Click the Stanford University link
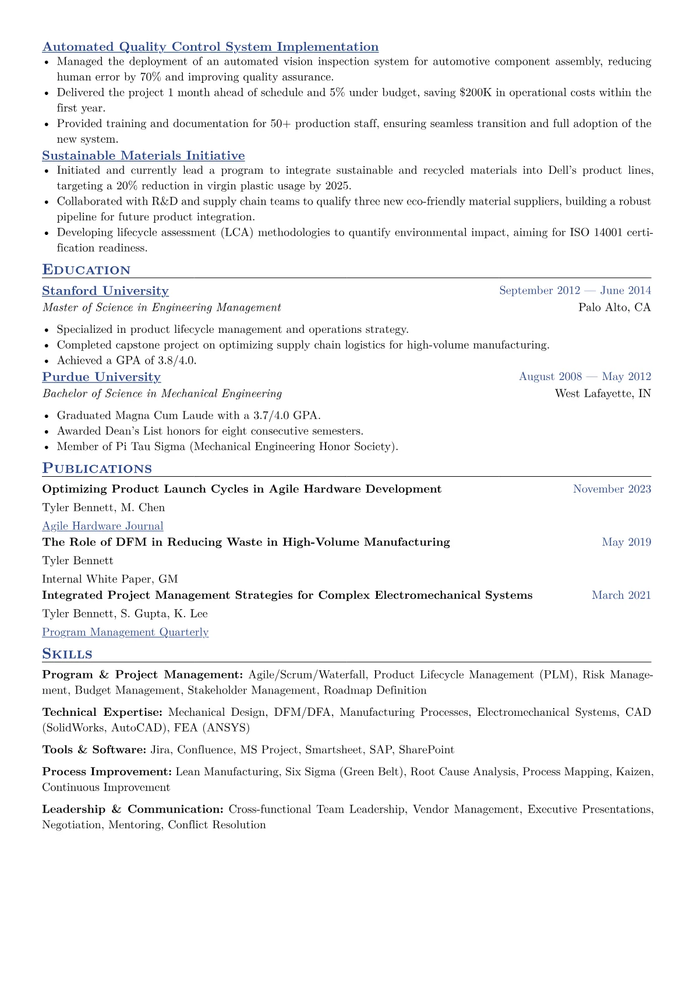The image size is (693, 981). coord(105,291)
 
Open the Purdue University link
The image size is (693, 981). coord(101,377)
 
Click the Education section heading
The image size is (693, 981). coord(86,270)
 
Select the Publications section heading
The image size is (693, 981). coord(97,469)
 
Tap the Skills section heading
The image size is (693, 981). coord(67,654)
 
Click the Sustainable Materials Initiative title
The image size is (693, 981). coord(143,156)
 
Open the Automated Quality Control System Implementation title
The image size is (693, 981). coord(210,47)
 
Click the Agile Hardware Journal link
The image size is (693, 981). coord(102,526)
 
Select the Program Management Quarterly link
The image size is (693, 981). coord(125,632)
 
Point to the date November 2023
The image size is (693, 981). coord(611,489)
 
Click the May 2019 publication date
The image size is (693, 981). coord(626,542)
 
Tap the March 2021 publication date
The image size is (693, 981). coord(621,595)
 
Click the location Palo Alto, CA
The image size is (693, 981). coord(614,307)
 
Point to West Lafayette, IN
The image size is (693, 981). coord(603,393)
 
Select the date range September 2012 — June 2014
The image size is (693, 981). coord(575,290)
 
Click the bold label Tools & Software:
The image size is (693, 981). coord(94,750)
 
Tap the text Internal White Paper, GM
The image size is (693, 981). coord(110,579)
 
